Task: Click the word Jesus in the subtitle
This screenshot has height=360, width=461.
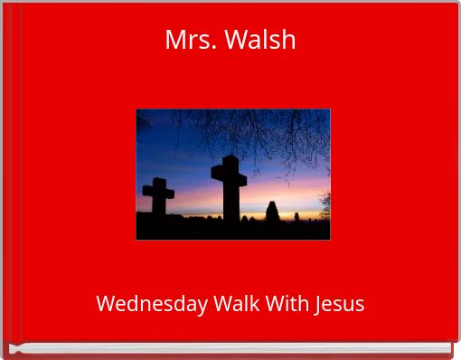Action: (x=340, y=304)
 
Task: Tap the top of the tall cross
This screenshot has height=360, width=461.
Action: (x=229, y=161)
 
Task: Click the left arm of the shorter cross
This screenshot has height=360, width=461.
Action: (x=148, y=192)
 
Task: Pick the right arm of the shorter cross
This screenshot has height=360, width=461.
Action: (x=169, y=192)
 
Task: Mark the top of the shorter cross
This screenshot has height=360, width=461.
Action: (x=159, y=182)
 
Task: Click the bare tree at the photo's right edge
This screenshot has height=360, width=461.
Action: (x=325, y=203)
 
